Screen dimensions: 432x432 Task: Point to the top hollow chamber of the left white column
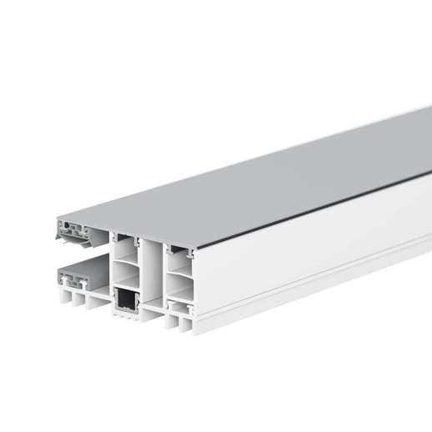(x=127, y=249)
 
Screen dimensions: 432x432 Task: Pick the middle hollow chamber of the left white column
(x=127, y=274)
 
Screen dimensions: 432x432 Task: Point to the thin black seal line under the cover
(x=317, y=212)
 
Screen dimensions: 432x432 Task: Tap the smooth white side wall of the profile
(x=317, y=250)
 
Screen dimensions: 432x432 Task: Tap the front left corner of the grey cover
(x=58, y=220)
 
